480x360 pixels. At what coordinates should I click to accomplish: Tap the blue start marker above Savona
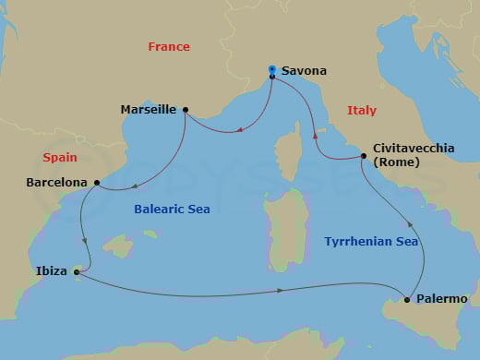[x=271, y=68]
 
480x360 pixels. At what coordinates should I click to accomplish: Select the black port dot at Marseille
[x=186, y=110]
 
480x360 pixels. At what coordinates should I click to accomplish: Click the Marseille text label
[x=149, y=109]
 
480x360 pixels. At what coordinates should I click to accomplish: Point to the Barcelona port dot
[x=97, y=183]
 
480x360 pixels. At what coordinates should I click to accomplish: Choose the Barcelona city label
[x=57, y=183]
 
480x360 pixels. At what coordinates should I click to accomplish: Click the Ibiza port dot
[x=77, y=272]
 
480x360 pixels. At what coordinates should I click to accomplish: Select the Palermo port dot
[x=407, y=299]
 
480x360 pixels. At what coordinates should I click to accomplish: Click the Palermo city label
[x=441, y=299]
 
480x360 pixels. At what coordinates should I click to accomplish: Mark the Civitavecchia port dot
[x=362, y=156]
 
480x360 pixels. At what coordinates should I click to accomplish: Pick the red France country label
[x=169, y=46]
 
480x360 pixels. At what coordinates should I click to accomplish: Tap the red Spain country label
[x=59, y=158]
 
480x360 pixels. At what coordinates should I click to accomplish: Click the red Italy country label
[x=362, y=110]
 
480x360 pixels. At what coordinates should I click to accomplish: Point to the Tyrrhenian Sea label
[x=372, y=242]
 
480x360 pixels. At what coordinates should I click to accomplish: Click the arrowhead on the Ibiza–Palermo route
[x=281, y=292]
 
